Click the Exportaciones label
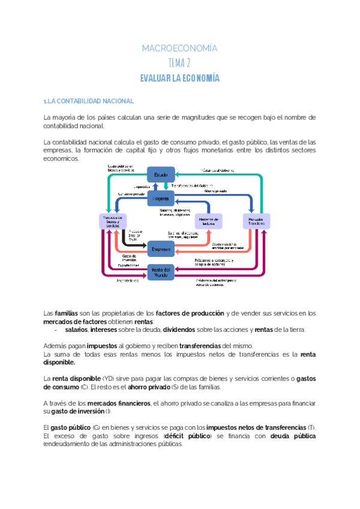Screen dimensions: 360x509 tap(128, 265)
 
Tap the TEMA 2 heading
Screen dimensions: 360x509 tap(179, 63)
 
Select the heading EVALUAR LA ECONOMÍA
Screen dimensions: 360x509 tap(179, 78)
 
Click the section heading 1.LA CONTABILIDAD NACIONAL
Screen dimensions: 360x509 tap(89, 101)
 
